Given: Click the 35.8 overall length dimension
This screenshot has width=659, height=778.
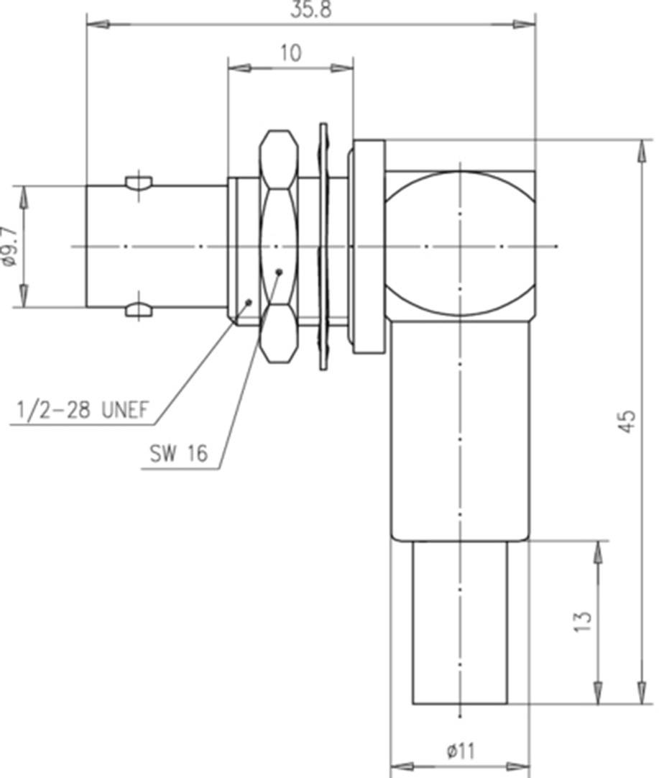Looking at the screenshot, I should (x=311, y=9).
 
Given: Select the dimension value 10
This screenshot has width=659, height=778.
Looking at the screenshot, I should (x=290, y=53).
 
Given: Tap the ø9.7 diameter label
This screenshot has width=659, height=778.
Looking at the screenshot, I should (x=9, y=247).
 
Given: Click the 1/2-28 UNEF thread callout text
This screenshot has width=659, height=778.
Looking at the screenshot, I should (x=82, y=411).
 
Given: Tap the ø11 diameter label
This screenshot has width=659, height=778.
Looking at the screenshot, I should (x=460, y=751).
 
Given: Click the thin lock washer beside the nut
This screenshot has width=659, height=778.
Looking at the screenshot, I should (x=323, y=247).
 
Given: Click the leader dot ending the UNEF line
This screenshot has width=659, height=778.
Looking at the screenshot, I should (x=249, y=301).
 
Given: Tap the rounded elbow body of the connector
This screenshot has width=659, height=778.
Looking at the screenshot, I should (x=460, y=244).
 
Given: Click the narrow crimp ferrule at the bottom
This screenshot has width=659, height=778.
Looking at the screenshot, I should (x=460, y=622).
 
